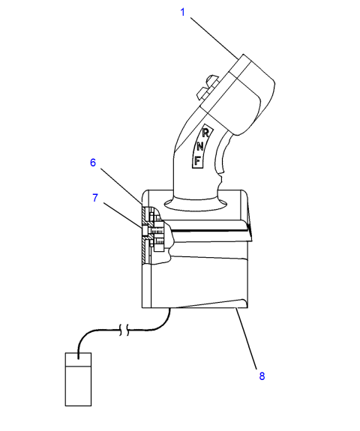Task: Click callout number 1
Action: pos(182,12)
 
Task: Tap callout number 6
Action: pos(93,163)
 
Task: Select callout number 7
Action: pos(95,198)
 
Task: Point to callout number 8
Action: pos(262,376)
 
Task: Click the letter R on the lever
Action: pos(205,133)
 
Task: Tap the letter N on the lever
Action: pos(200,147)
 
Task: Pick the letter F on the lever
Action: pos(197,160)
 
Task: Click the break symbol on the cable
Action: pos(124,330)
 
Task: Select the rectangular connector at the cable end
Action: pos(78,379)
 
